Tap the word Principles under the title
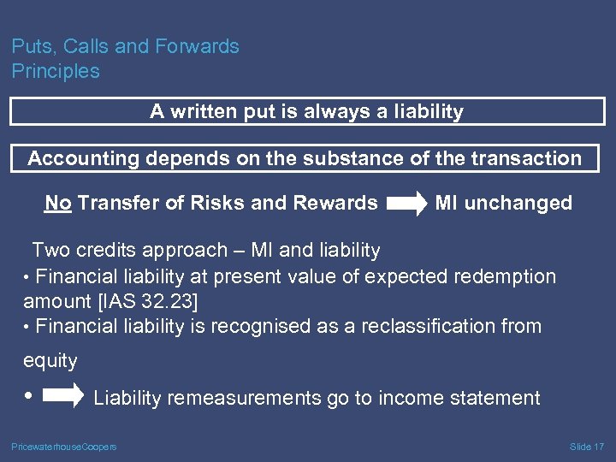(x=56, y=72)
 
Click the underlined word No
(x=58, y=203)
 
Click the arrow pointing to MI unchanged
(x=406, y=204)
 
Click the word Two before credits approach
(x=50, y=251)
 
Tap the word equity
(x=50, y=361)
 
